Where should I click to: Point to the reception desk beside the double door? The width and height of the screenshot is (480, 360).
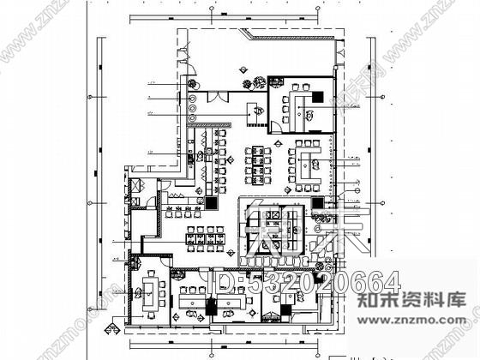coord(255,111)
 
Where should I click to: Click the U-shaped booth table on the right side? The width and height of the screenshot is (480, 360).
coord(304,162)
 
